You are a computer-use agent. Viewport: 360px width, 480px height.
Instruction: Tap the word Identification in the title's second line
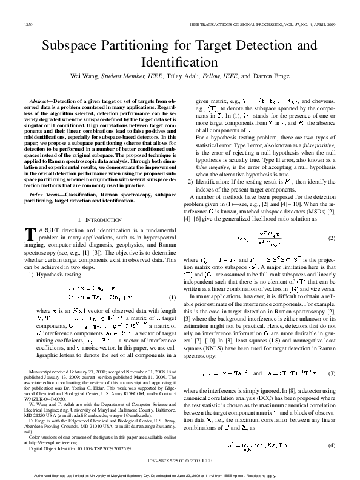coord(179,62)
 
